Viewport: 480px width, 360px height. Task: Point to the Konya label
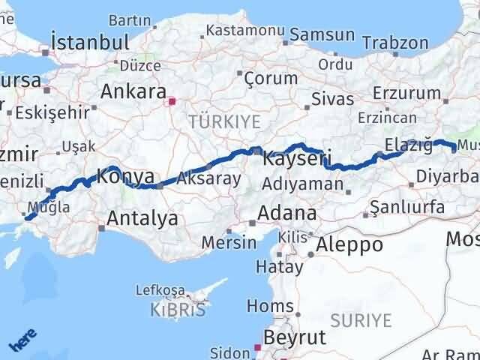click(126, 177)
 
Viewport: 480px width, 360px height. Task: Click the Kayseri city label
click(297, 159)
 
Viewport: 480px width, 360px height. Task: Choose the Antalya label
click(142, 218)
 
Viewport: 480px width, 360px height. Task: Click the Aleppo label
click(349, 244)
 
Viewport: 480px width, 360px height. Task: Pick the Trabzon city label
click(394, 43)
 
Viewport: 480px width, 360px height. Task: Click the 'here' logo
click(20, 342)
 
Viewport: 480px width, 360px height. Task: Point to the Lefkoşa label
click(160, 290)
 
